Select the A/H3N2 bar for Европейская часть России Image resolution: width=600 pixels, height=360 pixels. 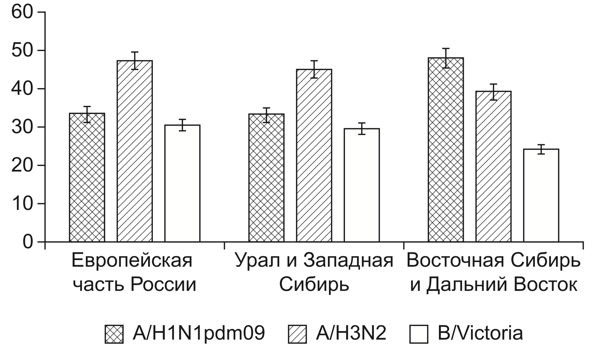tap(135, 151)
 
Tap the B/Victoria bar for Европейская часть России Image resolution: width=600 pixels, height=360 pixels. tap(182, 184)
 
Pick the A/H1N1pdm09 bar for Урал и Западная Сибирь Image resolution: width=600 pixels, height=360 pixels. tap(266, 178)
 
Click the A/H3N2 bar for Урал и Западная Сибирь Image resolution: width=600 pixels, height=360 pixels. tap(314, 156)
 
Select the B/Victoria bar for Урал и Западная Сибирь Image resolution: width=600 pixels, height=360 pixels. tap(362, 185)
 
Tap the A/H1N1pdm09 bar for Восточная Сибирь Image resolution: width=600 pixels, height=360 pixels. tap(446, 150)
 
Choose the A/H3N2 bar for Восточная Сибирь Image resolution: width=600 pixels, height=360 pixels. tap(493, 167)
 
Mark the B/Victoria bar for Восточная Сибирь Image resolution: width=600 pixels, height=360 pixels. tap(541, 196)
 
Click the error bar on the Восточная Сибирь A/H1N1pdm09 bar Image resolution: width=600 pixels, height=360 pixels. tap(446, 58)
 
